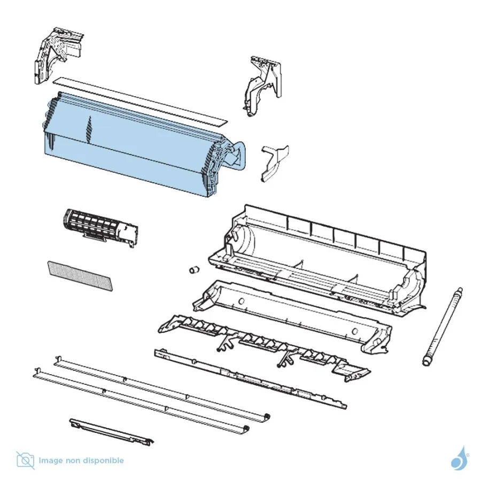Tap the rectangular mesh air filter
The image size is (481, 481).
tap(80, 276)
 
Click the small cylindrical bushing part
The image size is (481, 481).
tap(193, 270)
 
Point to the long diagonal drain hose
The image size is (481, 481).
tap(442, 327)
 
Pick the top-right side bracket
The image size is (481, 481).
tap(263, 86)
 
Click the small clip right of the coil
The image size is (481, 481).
tap(274, 162)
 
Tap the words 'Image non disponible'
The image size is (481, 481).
tap(81, 461)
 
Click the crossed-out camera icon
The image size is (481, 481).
tap(26, 461)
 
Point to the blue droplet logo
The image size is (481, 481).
tap(459, 459)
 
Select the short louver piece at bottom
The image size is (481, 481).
tap(112, 432)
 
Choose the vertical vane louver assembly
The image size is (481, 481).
tap(264, 348)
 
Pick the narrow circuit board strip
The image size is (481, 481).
tap(250, 379)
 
